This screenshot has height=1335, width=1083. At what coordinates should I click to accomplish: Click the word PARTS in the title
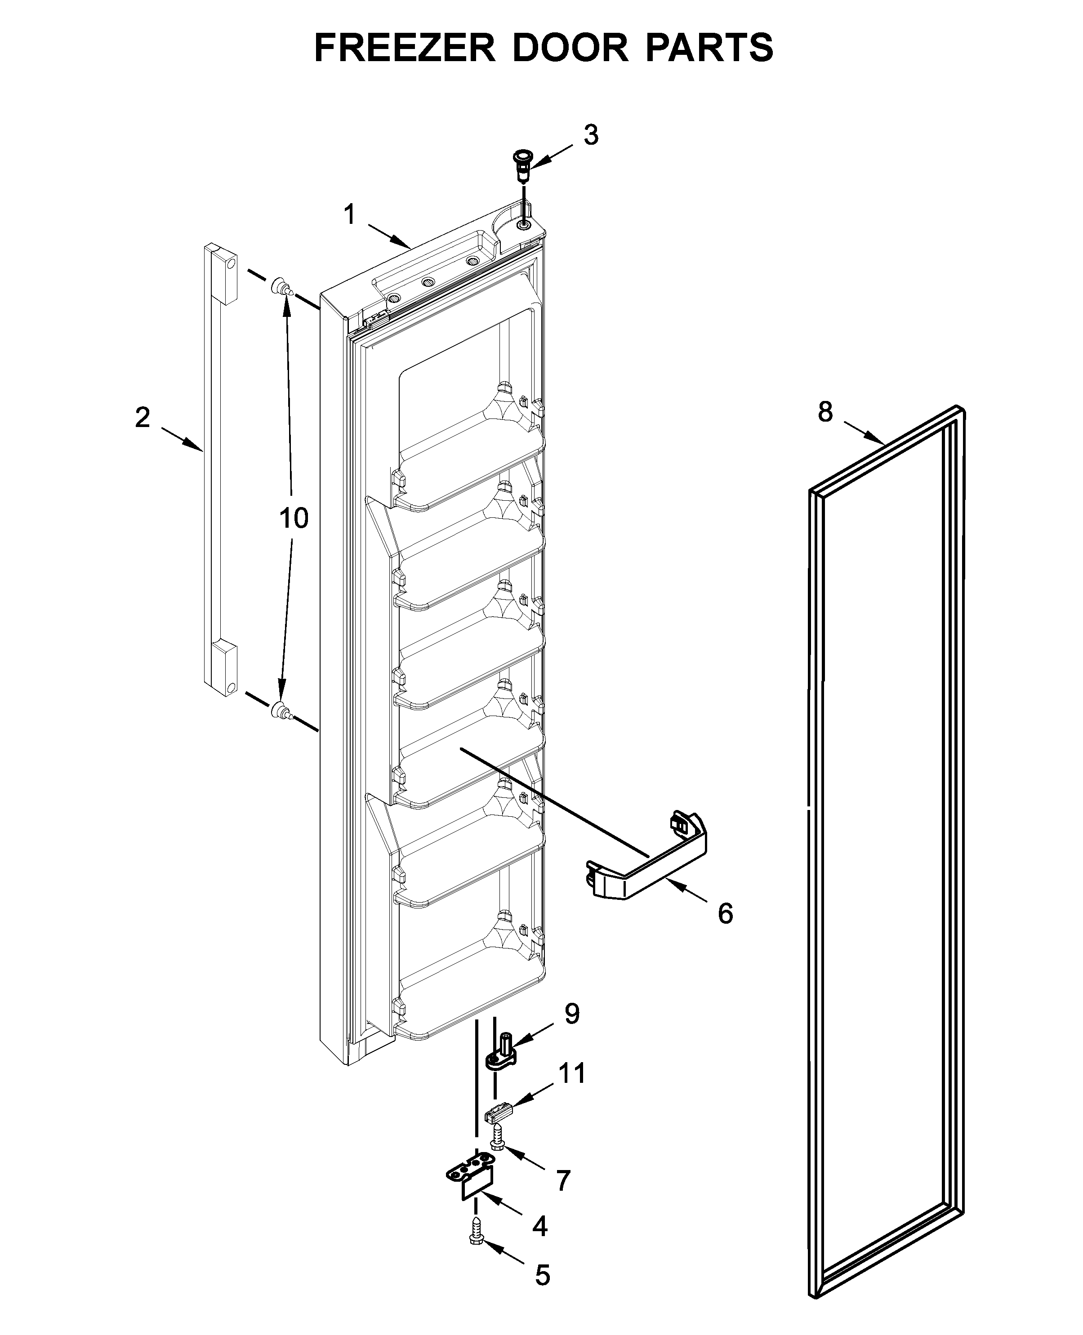tap(709, 48)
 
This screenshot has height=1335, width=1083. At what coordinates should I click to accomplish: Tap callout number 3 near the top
tap(590, 135)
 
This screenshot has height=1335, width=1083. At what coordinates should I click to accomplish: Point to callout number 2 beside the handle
tap(143, 417)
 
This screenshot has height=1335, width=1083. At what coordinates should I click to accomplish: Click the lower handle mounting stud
tap(281, 711)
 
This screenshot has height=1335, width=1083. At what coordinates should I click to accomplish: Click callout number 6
tap(725, 914)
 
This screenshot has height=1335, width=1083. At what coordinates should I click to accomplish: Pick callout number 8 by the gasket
tap(825, 412)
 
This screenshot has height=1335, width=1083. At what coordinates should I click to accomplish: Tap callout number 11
tap(571, 1073)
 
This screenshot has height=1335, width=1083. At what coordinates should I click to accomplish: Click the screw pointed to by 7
tap(497, 1137)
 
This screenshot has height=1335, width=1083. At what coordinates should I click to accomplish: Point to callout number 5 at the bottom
tap(542, 1271)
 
